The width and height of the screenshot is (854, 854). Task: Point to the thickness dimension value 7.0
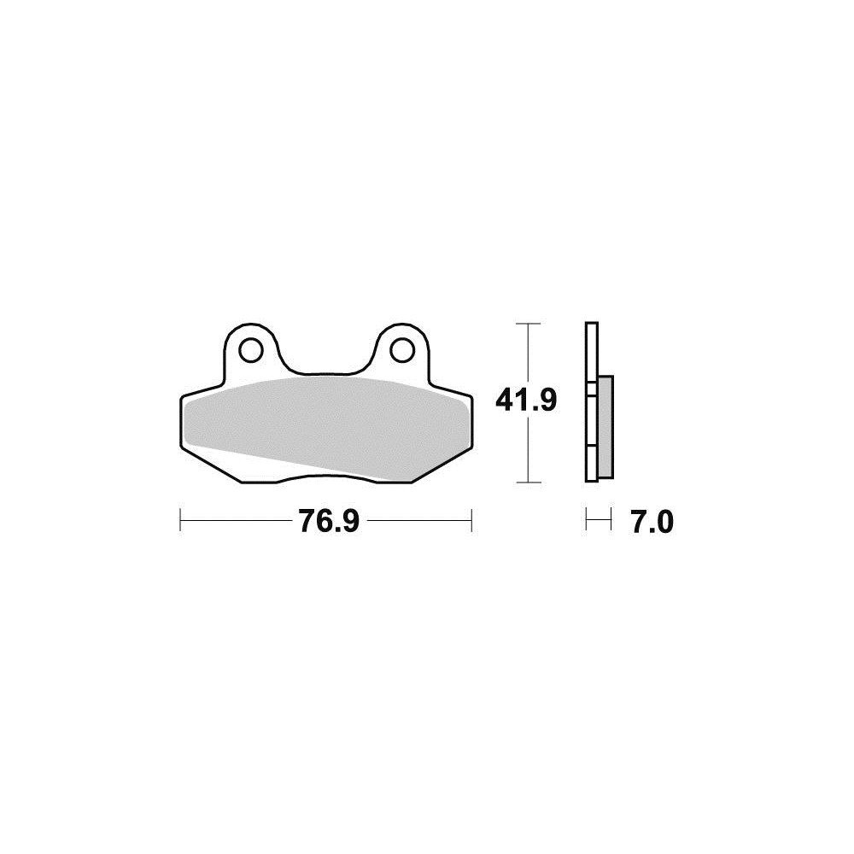pos(652,521)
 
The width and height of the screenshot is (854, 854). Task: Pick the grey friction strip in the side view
pos(605,426)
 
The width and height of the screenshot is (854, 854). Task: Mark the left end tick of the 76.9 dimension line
pos(180,520)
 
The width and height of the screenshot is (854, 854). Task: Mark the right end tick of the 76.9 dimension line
pos(471,520)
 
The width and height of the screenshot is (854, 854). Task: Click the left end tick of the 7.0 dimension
pos(587,520)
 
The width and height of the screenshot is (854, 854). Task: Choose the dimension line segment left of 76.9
pos(235,520)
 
